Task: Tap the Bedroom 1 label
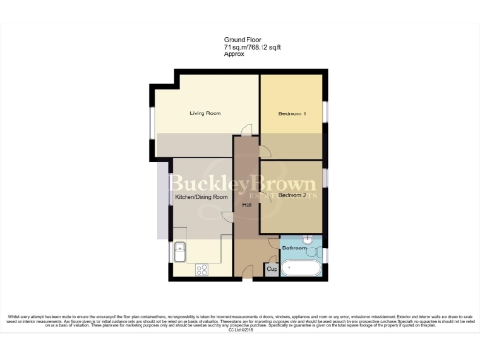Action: coord(292,113)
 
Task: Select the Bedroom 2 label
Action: coord(292,196)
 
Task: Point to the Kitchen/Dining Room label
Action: coord(202,198)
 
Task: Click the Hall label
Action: coord(247,204)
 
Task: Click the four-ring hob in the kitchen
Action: coord(202,270)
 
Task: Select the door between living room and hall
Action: coord(246,131)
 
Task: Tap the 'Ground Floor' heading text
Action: coord(239,39)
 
